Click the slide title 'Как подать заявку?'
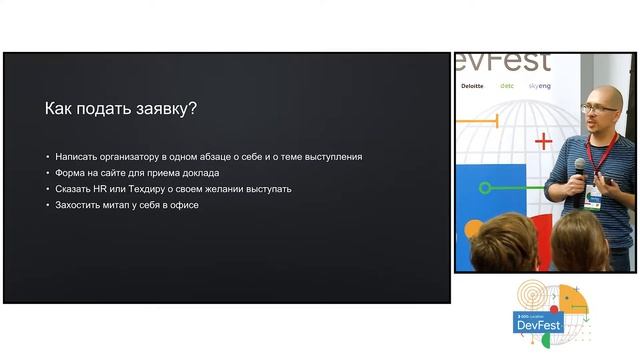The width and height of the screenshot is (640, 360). coord(121,110)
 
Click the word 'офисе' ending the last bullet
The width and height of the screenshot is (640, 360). coord(185,205)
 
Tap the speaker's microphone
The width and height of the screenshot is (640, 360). coord(579,169)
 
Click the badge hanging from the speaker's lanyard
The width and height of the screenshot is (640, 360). coord(594,195)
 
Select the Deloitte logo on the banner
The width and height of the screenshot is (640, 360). coord(472,87)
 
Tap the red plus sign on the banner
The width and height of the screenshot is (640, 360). coord(543,142)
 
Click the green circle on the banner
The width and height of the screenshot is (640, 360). coord(486,187)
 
